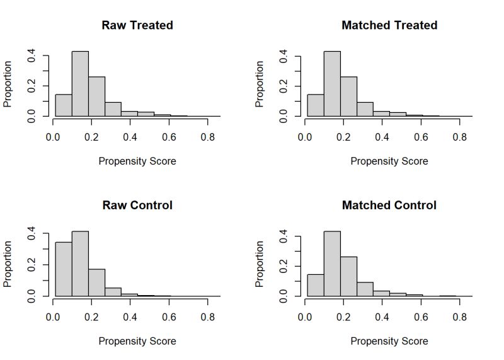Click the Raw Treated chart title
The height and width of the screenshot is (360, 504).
[x=137, y=25]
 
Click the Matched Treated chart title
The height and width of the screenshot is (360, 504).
[x=389, y=25]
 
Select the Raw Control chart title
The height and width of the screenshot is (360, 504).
[x=137, y=205]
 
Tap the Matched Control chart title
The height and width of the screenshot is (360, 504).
[x=389, y=205]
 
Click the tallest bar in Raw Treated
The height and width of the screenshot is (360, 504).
[x=80, y=84]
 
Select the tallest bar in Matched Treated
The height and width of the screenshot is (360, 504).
[x=332, y=84]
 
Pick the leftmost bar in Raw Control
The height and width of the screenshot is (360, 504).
[x=63, y=269]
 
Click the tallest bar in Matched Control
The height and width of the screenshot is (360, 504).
[x=332, y=264]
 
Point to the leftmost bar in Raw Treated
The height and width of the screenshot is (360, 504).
[x=63, y=105]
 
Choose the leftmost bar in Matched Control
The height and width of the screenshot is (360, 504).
[x=315, y=285]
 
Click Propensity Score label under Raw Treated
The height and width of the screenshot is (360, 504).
[x=137, y=161]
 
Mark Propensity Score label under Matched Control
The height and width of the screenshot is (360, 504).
[x=389, y=341]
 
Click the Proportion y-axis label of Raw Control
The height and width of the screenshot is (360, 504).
[x=8, y=264]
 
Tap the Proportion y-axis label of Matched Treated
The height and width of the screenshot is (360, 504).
[x=260, y=84]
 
